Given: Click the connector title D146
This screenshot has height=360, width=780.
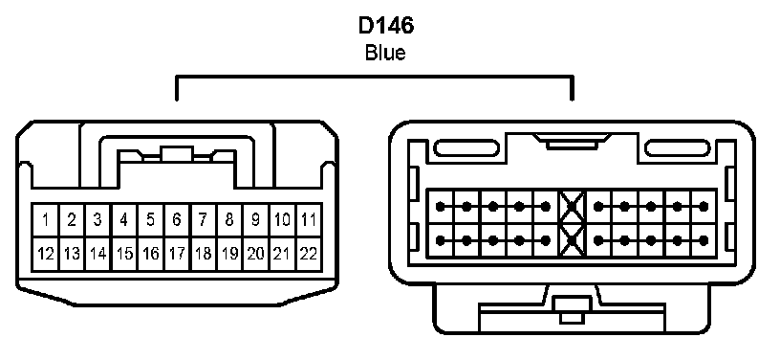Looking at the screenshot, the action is pyautogui.click(x=385, y=26).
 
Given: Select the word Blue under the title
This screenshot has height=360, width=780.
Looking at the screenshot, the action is pyautogui.click(x=385, y=53).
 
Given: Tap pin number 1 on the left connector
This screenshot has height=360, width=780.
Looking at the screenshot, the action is pyautogui.click(x=46, y=219).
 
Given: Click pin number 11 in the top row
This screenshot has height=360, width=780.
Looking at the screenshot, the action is pyautogui.click(x=309, y=219).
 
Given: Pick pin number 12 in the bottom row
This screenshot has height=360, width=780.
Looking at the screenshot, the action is pyautogui.click(x=46, y=254).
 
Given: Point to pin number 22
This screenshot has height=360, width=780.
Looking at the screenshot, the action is pyautogui.click(x=309, y=254).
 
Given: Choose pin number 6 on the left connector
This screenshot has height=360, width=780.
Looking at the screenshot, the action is pyautogui.click(x=177, y=219).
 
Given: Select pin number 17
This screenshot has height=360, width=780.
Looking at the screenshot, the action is pyautogui.click(x=177, y=254).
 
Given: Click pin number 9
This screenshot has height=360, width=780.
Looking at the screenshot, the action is pyautogui.click(x=255, y=219).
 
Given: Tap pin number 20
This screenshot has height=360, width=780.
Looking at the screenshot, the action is pyautogui.click(x=255, y=254).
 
